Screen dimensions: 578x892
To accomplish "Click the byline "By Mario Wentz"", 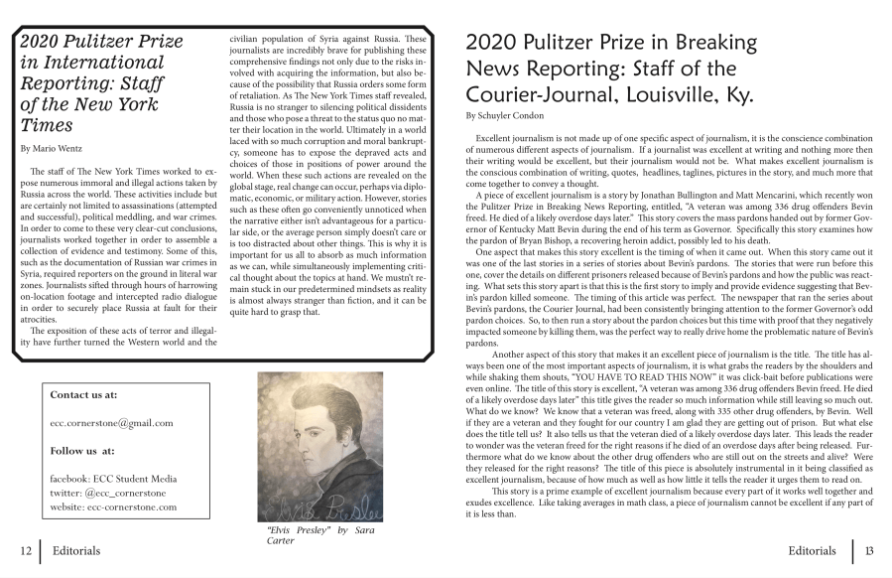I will pyautogui.click(x=51, y=148).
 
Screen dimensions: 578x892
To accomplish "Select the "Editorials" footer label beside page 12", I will pyautogui.click(x=75, y=549).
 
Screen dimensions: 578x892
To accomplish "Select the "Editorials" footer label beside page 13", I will pyautogui.click(x=813, y=549).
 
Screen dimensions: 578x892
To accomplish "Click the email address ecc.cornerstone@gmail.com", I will pyautogui.click(x=111, y=422).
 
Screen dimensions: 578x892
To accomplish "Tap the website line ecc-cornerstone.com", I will pyautogui.click(x=113, y=506).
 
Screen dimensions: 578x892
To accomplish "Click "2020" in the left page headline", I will pyautogui.click(x=44, y=42).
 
